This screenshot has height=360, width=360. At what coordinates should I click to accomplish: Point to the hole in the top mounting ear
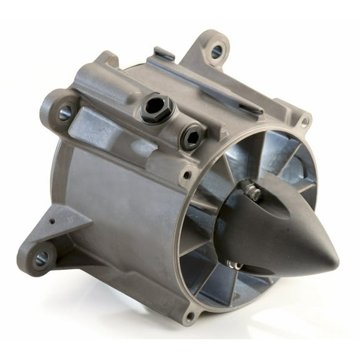point(216,52)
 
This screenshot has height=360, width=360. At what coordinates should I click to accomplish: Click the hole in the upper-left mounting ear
point(65,113)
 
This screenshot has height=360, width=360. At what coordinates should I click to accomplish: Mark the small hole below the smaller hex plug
point(186,175)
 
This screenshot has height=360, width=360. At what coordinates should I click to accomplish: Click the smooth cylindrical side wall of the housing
point(125,206)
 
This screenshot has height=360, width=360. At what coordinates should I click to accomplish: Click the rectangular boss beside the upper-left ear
point(94,128)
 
